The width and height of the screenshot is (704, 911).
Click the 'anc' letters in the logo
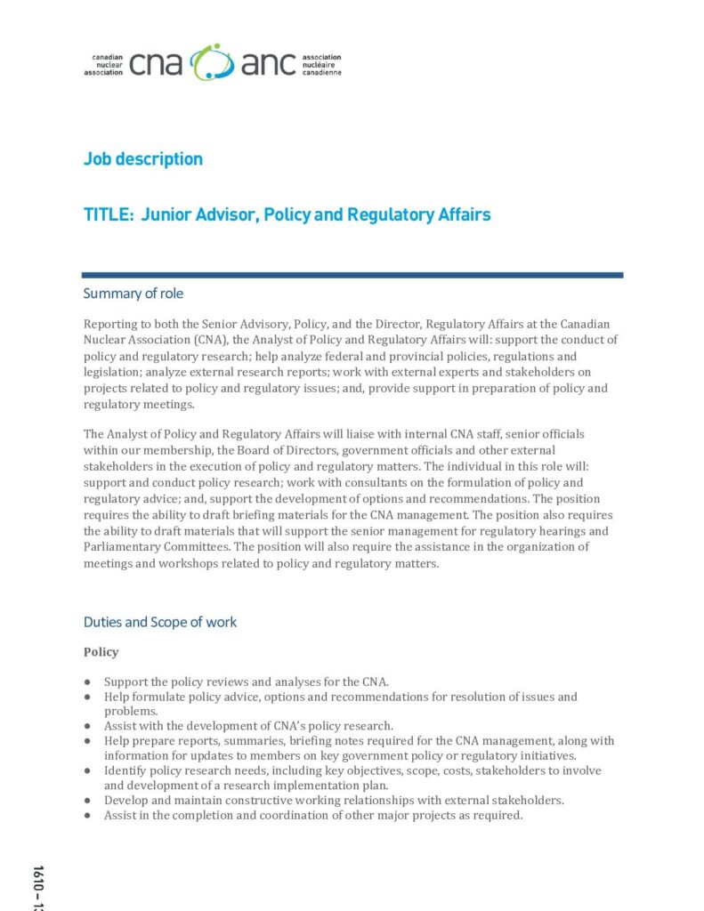point(269,64)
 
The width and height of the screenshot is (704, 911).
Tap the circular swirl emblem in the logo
point(213,62)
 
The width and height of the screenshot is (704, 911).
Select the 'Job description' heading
point(143,159)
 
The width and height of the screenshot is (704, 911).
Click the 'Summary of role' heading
point(134,294)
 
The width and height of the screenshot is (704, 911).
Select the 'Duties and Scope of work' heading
point(160,622)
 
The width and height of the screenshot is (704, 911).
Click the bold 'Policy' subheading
point(101,652)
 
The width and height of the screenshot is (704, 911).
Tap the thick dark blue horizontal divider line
point(352,275)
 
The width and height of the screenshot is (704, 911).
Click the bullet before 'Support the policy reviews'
point(88,682)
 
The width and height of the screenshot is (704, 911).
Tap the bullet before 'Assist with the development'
point(88,726)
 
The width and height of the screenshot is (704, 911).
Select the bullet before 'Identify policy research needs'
point(88,770)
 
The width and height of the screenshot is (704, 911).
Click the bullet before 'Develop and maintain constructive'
point(88,800)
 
